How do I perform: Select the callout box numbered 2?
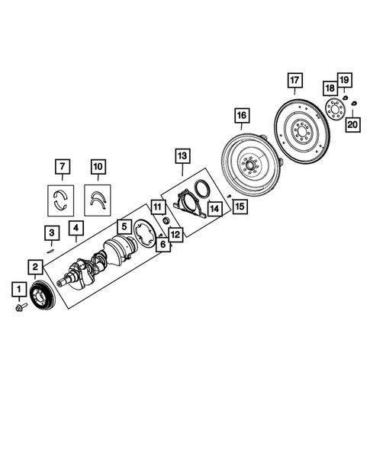36,266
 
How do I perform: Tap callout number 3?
50,233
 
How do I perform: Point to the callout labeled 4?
75,227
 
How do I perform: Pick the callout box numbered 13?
181,156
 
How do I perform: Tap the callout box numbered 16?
241,116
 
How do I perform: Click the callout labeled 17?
294,80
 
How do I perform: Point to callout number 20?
352,124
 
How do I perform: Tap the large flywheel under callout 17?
301,134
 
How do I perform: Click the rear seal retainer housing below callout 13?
186,208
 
